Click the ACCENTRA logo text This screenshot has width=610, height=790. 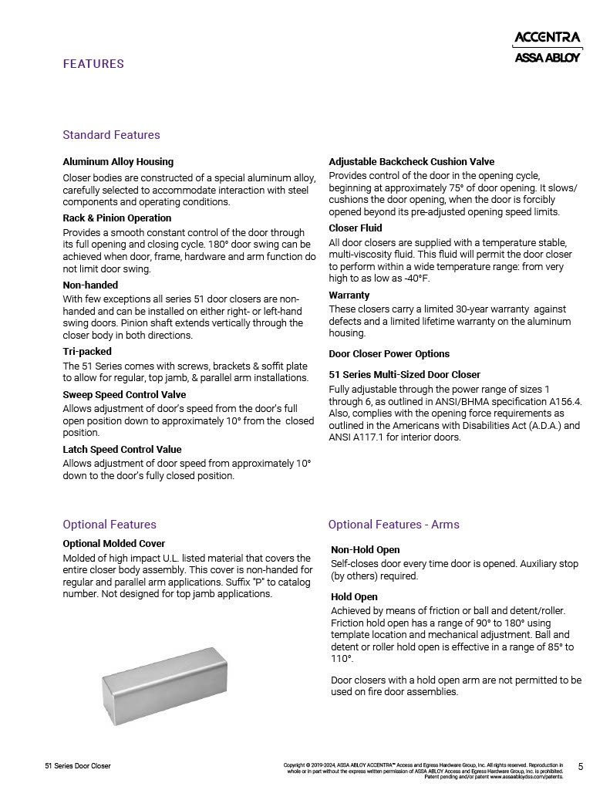pos(547,37)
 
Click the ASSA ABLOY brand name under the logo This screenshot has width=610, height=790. pos(547,57)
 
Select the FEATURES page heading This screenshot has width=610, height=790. pos(93,64)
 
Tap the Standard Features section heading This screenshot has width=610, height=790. pos(111,135)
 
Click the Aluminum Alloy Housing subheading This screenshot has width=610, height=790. pos(118,162)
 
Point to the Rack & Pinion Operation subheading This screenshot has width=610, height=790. pos(116,218)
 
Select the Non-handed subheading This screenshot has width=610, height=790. pos(90,285)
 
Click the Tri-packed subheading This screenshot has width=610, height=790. pos(87,352)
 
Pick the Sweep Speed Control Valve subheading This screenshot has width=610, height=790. pos(124,395)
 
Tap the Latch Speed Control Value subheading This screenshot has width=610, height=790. pos(122,449)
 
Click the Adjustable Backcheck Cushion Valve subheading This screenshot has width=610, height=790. pos(411,162)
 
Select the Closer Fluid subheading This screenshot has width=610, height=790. pos(356,228)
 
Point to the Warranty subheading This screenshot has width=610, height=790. pos(349,295)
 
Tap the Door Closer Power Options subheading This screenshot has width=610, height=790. pos(389,354)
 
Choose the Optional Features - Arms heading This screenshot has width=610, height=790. pos(393,525)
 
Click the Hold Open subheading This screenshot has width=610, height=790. pos(354,597)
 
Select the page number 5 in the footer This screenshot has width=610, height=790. pos(581,766)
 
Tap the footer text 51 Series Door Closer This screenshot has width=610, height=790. pos(78,766)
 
